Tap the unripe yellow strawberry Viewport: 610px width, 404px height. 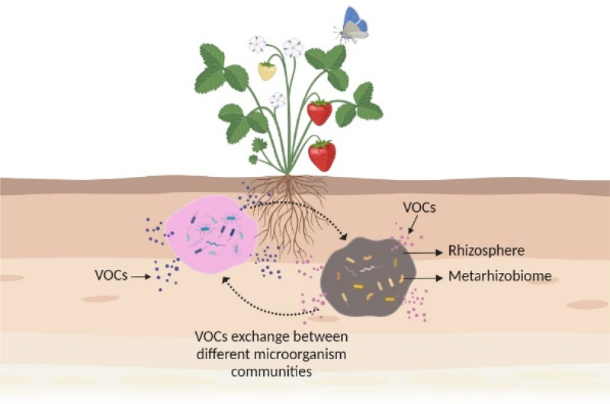click(267, 71)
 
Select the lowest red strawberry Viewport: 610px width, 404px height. click(322, 156)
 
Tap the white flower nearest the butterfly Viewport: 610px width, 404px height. click(294, 48)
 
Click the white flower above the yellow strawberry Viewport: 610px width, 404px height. click(257, 44)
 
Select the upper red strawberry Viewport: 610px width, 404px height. click(319, 113)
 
